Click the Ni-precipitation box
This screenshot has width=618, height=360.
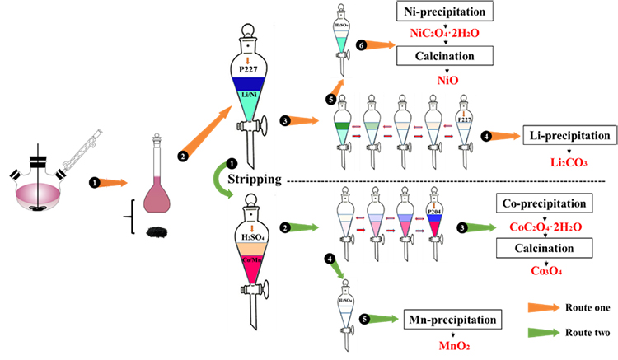coord(446,13)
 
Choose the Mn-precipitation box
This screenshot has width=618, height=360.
coord(453,319)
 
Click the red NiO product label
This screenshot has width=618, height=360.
coord(446,82)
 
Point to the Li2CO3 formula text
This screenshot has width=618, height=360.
coord(568,162)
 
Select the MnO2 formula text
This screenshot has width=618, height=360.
coord(453,346)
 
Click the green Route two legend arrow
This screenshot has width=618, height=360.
coord(542,334)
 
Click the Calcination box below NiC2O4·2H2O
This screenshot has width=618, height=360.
coord(446,55)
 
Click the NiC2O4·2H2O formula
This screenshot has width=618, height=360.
coord(446,34)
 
